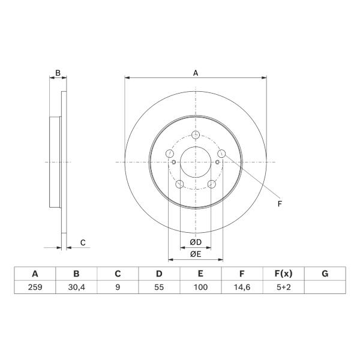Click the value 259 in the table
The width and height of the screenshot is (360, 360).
pyautogui.click(x=35, y=287)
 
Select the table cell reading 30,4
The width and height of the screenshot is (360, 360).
pyautogui.click(x=76, y=287)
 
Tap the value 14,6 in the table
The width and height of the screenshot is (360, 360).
pyautogui.click(x=242, y=287)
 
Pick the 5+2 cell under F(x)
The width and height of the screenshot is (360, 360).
pyautogui.click(x=284, y=287)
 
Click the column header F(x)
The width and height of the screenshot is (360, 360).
pyautogui.click(x=284, y=274)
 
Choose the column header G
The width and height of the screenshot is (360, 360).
pyautogui.click(x=325, y=274)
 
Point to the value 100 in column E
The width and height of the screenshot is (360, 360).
pyautogui.click(x=200, y=287)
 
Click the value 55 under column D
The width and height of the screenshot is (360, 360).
pyautogui.click(x=159, y=287)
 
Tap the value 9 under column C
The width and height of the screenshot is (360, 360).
pyautogui.click(x=118, y=287)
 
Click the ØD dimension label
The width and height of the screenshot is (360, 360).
pyautogui.click(x=196, y=242)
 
